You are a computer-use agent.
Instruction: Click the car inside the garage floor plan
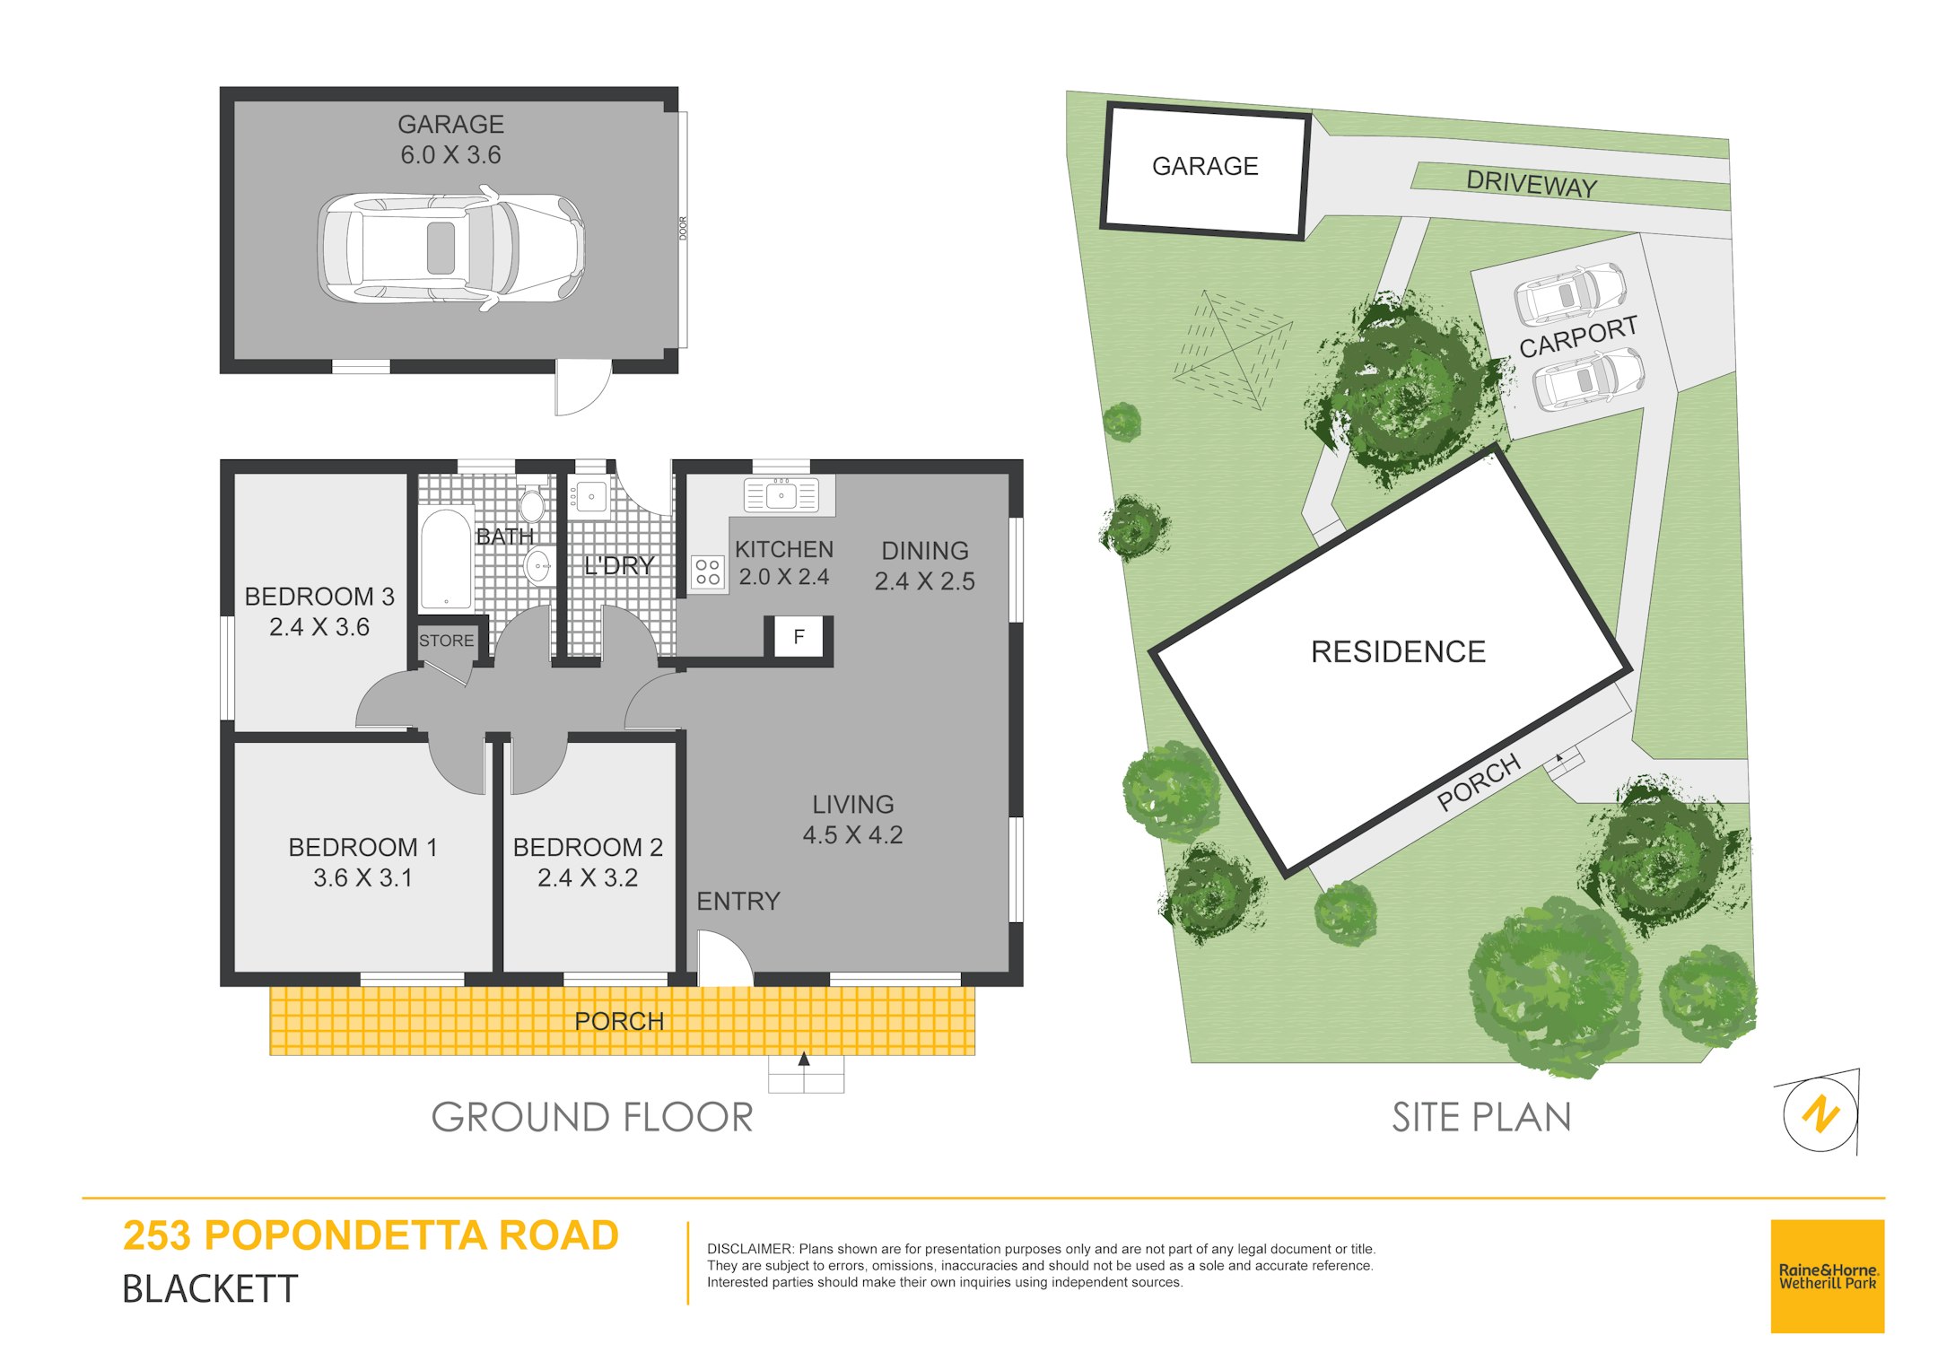[x=451, y=248]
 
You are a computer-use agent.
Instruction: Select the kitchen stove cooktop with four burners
[x=707, y=572]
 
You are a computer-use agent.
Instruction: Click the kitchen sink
[x=781, y=495]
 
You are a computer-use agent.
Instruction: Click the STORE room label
[x=446, y=641]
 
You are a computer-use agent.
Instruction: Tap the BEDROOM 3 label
[x=319, y=597]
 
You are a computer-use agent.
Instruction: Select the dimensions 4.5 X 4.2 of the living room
[x=852, y=835]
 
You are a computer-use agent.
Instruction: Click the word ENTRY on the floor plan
[x=738, y=901]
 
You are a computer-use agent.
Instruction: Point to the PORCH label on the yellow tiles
[x=619, y=1021]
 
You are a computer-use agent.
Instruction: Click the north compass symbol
[x=1821, y=1113]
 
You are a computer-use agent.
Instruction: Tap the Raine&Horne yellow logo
[x=1827, y=1276]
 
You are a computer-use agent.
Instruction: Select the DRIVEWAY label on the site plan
[x=1532, y=184]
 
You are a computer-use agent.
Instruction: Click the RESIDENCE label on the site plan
[x=1398, y=651]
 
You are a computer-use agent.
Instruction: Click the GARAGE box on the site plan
[x=1205, y=170]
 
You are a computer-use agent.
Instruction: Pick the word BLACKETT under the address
[x=210, y=1289]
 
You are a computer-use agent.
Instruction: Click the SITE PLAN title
[x=1481, y=1118]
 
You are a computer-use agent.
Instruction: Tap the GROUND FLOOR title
[x=592, y=1118]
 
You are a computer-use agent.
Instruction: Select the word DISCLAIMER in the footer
[x=750, y=1249]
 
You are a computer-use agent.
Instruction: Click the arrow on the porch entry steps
[x=804, y=1060]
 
